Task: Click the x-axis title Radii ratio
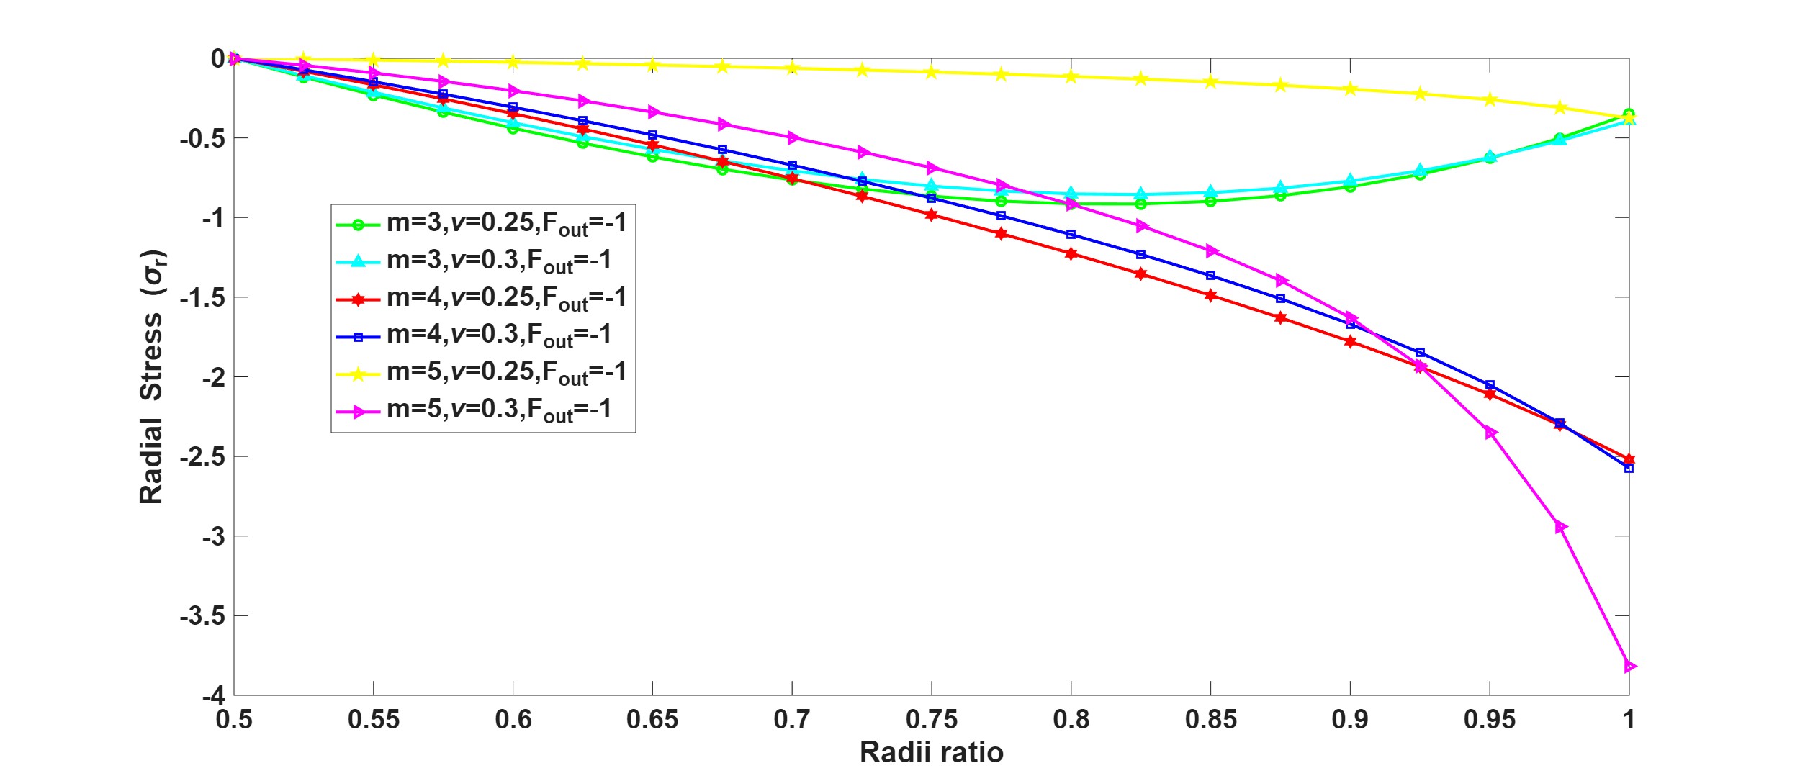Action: (x=931, y=753)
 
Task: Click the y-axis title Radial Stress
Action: (x=152, y=377)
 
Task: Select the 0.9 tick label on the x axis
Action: (x=1350, y=719)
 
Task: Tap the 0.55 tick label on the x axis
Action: (x=373, y=719)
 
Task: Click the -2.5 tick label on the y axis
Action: (x=202, y=457)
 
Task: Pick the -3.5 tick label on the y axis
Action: (x=202, y=616)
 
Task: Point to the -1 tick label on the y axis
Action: (x=212, y=218)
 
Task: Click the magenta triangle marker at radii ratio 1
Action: (x=1629, y=667)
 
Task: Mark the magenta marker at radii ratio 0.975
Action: (x=1560, y=528)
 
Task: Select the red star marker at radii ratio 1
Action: (x=1629, y=459)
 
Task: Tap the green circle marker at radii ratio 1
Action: (x=1629, y=114)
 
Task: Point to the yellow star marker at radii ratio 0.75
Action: (x=932, y=72)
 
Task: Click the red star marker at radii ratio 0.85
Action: (x=1211, y=296)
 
